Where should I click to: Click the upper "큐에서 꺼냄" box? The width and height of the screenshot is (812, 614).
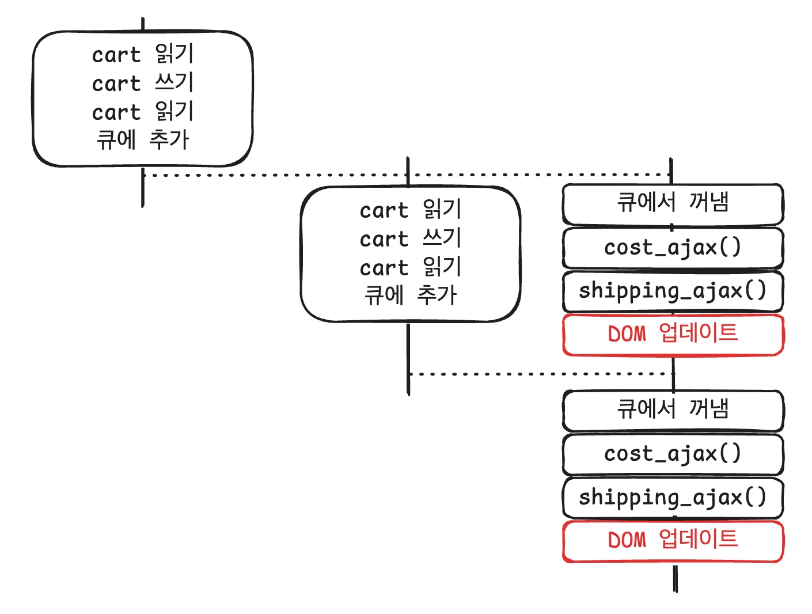pos(673,203)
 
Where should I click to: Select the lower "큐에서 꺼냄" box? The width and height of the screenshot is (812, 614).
pos(673,410)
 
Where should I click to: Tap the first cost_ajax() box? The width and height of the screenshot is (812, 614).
pos(673,248)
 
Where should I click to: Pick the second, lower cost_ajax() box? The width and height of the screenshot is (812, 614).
pos(673,454)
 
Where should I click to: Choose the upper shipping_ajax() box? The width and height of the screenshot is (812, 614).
pos(673,291)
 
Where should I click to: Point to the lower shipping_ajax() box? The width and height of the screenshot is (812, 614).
pos(673,497)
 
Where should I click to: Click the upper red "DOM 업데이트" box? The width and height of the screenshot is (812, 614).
pos(673,334)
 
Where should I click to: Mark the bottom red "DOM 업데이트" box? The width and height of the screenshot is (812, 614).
pos(673,540)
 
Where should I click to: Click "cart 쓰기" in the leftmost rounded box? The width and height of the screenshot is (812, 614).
pos(143,84)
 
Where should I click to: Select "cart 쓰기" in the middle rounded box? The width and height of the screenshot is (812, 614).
pos(411,238)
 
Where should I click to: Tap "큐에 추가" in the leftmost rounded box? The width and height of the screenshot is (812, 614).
pos(143,140)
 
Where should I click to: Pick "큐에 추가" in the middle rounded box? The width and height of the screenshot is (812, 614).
pos(411,295)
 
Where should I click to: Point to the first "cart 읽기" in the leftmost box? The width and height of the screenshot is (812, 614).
pos(143,55)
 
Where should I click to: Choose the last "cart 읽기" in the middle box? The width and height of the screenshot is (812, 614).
pos(411,267)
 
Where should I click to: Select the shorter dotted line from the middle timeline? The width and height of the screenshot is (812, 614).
pos(541,374)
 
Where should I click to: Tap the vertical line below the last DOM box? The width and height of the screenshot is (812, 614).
pos(675,578)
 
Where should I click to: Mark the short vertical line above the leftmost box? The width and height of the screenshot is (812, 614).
pos(142,24)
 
